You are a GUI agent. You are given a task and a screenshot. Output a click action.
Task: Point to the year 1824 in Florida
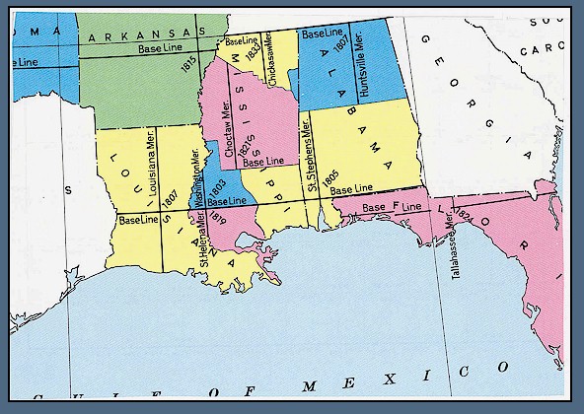[x=466, y=219]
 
